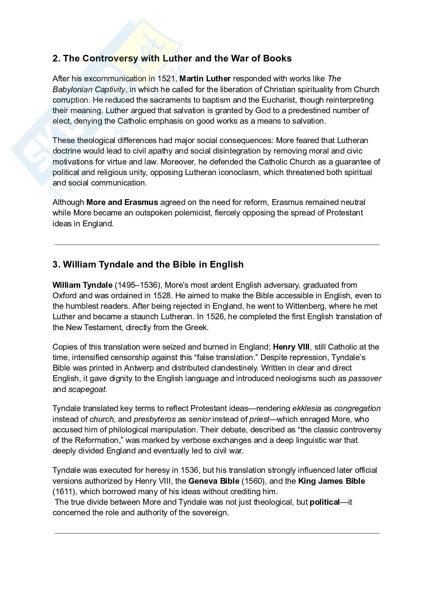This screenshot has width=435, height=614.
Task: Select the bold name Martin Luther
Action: [x=205, y=79]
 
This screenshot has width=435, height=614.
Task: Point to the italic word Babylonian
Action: [x=72, y=89]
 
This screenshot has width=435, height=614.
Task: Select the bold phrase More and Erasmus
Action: [x=122, y=202]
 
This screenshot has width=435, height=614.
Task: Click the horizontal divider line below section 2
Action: [x=217, y=245]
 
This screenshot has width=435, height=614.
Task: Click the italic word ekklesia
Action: [x=307, y=408]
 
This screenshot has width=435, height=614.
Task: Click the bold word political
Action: [x=324, y=502]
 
